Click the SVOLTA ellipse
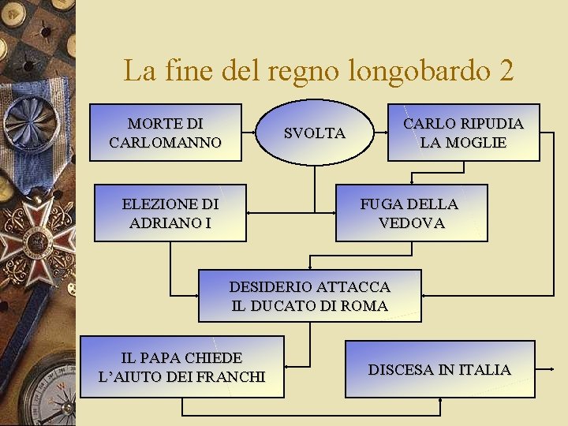(x=314, y=133)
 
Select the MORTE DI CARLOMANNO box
(x=165, y=133)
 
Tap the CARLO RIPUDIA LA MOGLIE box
(x=463, y=133)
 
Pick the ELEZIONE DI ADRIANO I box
(x=170, y=213)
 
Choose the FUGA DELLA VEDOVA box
(x=411, y=213)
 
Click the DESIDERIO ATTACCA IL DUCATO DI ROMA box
(x=309, y=296)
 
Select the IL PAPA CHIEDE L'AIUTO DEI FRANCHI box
(x=181, y=367)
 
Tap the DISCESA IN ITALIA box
(x=439, y=369)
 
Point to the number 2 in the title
(x=506, y=71)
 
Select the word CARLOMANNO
(x=165, y=143)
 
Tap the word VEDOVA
(x=411, y=223)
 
